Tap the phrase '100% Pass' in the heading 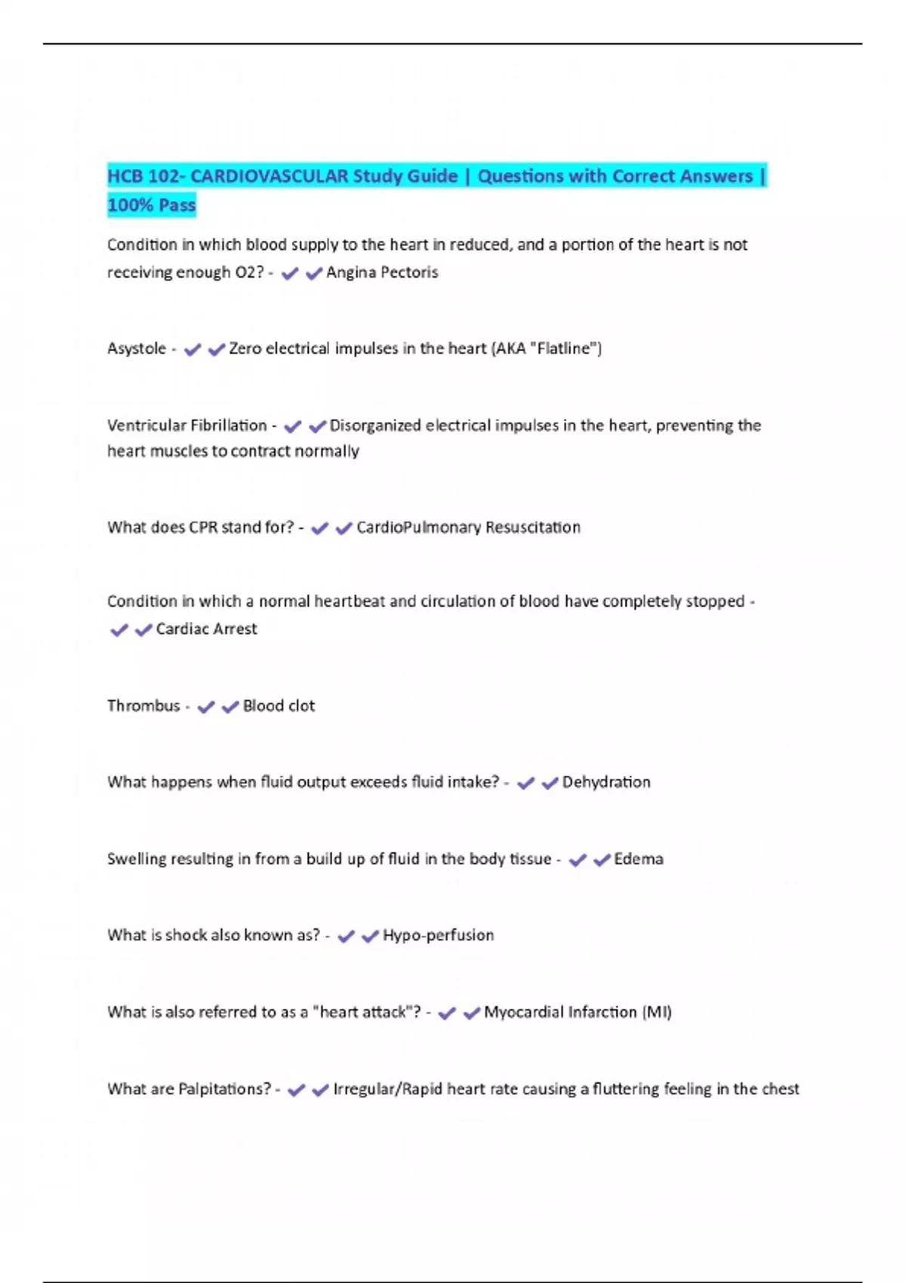click(151, 205)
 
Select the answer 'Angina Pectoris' click(382, 272)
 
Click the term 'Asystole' click(137, 349)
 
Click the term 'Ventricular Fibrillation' click(187, 426)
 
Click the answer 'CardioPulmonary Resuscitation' click(468, 528)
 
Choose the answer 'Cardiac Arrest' click(206, 629)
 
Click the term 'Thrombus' click(143, 706)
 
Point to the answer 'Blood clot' click(279, 706)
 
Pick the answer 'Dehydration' click(606, 783)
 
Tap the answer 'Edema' click(639, 860)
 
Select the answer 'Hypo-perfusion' click(438, 936)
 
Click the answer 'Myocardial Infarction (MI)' click(578, 1013)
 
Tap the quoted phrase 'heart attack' click(363, 1013)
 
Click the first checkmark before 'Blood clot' click(205, 707)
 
